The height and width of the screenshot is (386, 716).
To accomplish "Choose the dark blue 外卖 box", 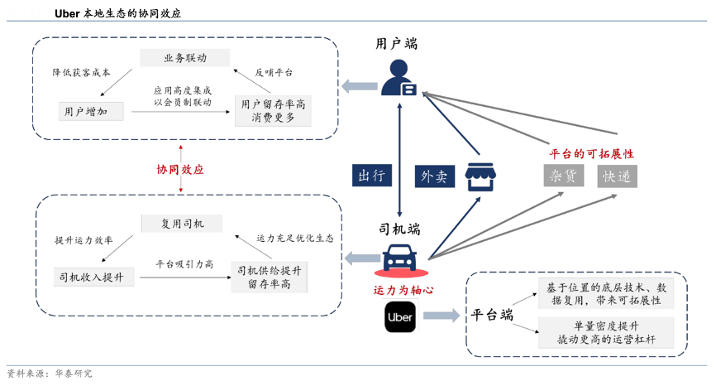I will [x=434, y=176].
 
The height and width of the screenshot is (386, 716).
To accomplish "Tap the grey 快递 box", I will [x=618, y=176].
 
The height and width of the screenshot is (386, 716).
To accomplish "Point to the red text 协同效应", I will [x=180, y=169].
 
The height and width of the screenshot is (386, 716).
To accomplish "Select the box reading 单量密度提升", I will [x=606, y=332].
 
